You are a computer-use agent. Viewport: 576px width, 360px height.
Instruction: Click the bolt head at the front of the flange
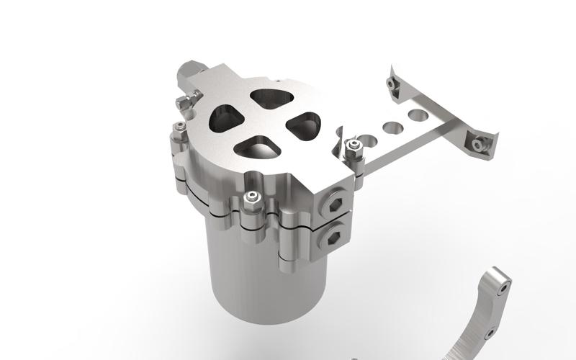(250, 198)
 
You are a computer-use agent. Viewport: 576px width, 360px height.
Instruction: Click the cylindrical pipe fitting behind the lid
(190, 71)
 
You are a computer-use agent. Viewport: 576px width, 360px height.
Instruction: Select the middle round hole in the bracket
(392, 127)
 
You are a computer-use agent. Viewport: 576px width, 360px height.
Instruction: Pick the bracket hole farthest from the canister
(416, 114)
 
